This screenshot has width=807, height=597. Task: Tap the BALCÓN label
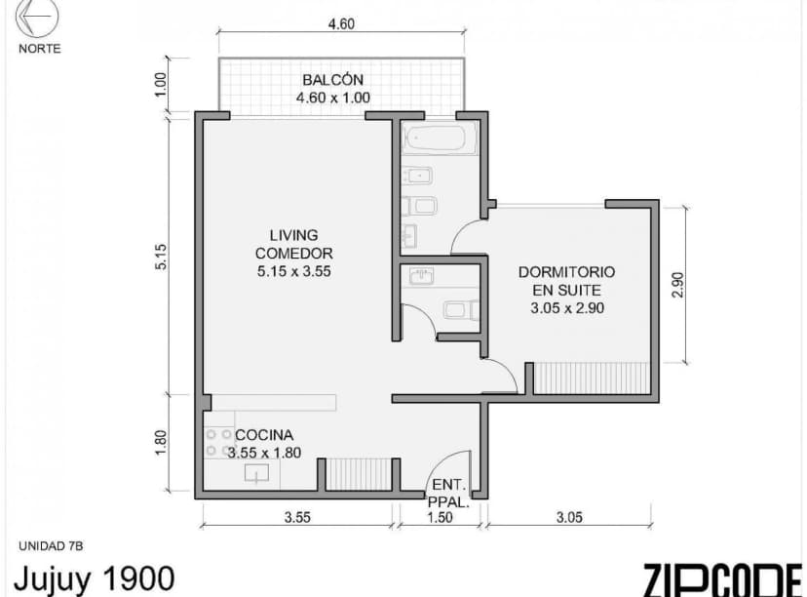[x=332, y=80]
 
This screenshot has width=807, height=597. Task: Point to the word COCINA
[x=264, y=435]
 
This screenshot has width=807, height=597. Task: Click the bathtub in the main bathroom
[x=439, y=139]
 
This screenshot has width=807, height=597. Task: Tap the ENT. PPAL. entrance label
[x=449, y=493]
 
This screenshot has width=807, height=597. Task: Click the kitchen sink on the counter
[x=257, y=474]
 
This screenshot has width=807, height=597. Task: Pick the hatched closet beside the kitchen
[x=357, y=474]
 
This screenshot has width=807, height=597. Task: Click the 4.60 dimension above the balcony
[x=340, y=24]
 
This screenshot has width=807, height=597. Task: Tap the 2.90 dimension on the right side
[x=679, y=284]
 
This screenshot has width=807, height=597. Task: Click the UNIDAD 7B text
[x=51, y=545]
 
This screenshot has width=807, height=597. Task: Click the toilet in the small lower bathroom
[x=459, y=311]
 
